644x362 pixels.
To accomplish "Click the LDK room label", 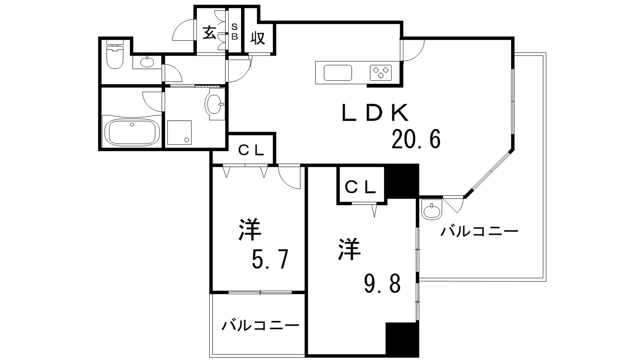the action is [375, 113].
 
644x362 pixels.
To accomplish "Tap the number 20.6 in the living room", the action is [416, 139].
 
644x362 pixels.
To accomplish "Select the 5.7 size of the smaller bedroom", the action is [270, 259].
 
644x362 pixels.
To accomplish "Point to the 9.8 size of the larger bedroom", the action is [382, 283].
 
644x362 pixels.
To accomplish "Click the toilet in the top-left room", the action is [115, 57].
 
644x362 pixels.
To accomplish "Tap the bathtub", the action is [132, 134].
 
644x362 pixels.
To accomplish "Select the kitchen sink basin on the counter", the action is [338, 73].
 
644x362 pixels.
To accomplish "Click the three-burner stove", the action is [381, 73].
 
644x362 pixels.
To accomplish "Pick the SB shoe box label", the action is [235, 32].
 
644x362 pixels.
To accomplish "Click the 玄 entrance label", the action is [210, 33].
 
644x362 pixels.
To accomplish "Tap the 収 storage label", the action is [258, 38].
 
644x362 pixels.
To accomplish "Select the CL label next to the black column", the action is [361, 188].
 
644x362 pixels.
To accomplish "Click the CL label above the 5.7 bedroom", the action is [251, 150].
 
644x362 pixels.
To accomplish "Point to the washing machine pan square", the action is [180, 132].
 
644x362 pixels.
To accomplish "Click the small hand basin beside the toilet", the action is [147, 62].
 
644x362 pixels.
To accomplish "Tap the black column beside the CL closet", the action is [402, 181].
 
